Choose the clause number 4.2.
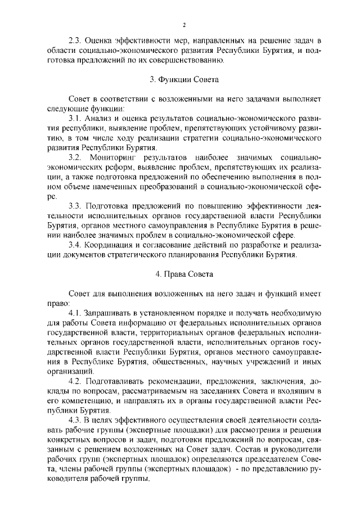click(75, 380)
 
